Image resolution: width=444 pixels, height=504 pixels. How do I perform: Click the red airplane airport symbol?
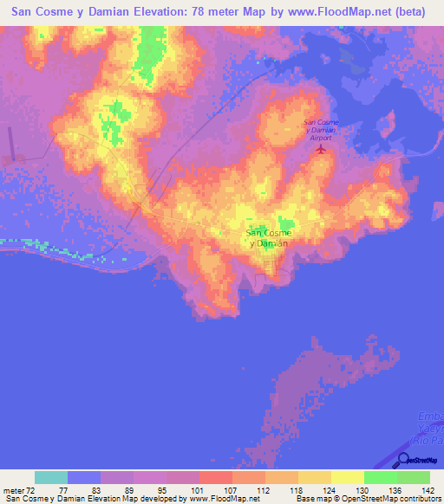click(x=321, y=149)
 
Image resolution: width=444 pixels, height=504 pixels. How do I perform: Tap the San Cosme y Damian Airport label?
click(x=321, y=130)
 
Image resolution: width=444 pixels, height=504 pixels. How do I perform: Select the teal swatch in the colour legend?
click(x=51, y=477)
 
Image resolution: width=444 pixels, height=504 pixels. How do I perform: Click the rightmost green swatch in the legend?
click(x=414, y=477)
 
